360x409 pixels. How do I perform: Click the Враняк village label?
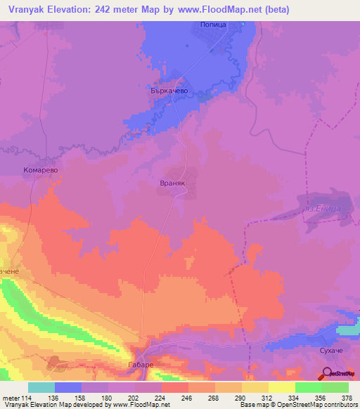[172, 182]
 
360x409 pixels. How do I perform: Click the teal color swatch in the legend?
[41, 387]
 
